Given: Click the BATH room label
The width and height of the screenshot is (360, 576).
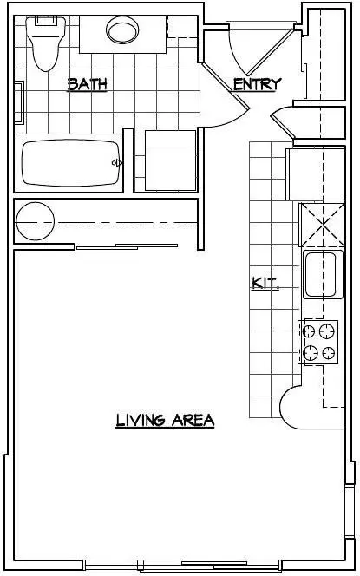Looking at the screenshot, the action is coord(88,84).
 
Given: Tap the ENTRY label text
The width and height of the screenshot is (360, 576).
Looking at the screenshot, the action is coord(258,84).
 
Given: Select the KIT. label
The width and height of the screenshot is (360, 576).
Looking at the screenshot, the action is coord(265,284).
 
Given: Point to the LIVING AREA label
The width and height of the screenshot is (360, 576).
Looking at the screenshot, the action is coord(165,420).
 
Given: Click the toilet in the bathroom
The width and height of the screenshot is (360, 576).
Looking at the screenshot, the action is coord(46,43).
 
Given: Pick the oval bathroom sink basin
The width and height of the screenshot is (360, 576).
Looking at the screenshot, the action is coord(122,30).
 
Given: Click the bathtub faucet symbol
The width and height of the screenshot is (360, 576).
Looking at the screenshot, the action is coord(118,162).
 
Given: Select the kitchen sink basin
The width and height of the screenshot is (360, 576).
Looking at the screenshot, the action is coord(321,274).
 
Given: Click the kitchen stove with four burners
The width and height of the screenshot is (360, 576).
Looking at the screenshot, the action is coord(318,342).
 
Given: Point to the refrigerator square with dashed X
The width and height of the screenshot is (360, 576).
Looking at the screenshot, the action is coord(322,225).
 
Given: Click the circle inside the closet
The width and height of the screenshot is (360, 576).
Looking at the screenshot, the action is coord(36,221).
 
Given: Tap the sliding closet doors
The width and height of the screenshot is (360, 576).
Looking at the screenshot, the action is coord(128,246).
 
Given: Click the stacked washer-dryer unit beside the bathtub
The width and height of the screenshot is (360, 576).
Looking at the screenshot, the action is coord(170,160).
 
